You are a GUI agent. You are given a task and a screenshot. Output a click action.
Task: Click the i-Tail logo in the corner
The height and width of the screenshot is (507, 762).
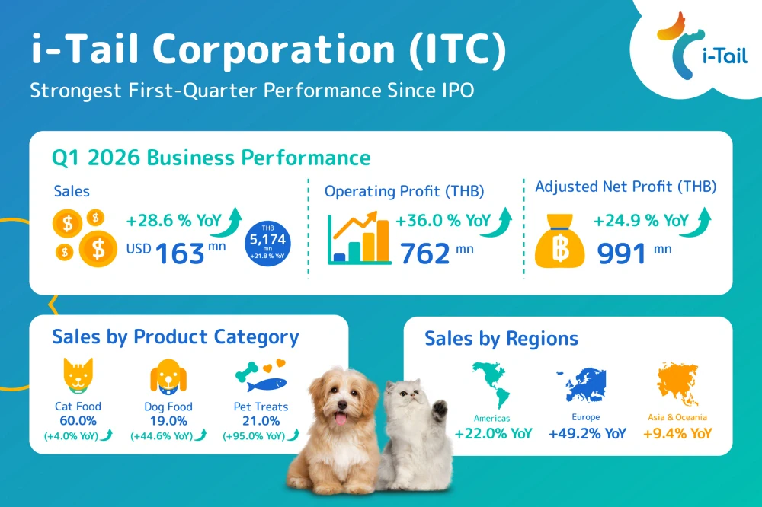pyautogui.click(x=690, y=45)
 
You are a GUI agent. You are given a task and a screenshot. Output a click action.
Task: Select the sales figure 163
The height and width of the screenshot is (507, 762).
pyautogui.click(x=180, y=253)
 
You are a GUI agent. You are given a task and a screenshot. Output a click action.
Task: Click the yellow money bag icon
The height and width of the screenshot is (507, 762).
pyautogui.click(x=561, y=241)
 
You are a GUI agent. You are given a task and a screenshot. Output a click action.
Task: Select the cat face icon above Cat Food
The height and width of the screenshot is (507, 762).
pyautogui.click(x=78, y=376)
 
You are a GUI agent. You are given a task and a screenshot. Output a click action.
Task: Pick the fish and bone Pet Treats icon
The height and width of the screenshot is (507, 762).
pyautogui.click(x=260, y=376)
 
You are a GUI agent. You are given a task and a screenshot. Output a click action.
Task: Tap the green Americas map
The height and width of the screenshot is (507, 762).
pyautogui.click(x=493, y=385)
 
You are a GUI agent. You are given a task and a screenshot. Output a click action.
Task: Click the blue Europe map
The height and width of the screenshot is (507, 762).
pyautogui.click(x=585, y=385)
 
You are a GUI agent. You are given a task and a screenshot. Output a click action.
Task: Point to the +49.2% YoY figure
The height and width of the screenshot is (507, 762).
pyautogui.click(x=587, y=434)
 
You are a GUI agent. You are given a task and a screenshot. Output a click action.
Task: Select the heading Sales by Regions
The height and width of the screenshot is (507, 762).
pyautogui.click(x=501, y=339)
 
